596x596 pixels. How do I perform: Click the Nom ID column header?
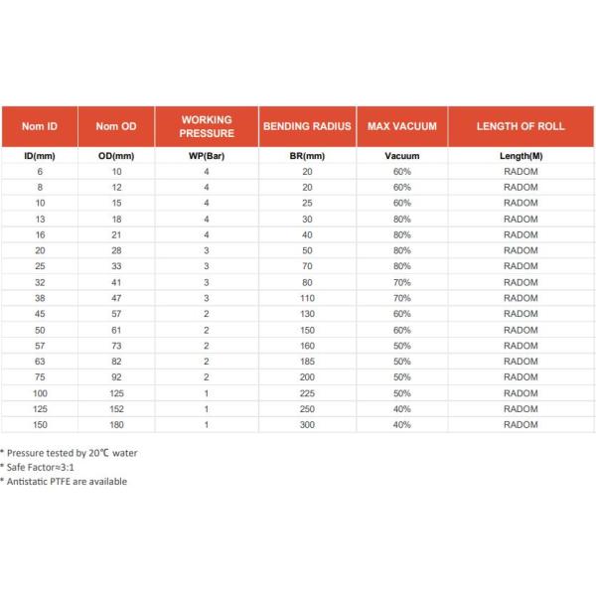(40, 126)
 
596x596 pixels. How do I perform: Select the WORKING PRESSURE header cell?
(207, 126)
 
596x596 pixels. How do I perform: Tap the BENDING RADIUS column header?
(307, 126)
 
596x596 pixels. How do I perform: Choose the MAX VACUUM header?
(401, 126)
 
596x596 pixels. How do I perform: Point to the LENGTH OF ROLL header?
(521, 126)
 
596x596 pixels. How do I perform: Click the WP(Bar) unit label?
(207, 157)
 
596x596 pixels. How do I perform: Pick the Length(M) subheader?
(521, 157)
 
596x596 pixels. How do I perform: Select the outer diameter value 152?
(116, 409)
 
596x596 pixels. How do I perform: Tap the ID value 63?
(40, 362)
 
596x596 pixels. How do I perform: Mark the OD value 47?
(116, 298)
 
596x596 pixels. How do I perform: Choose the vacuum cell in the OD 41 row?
(401, 282)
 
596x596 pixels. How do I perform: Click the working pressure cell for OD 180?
(207, 425)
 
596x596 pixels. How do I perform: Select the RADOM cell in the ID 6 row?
(521, 172)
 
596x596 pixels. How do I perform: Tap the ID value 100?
(40, 393)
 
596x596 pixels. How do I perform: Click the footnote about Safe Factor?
(36, 467)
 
